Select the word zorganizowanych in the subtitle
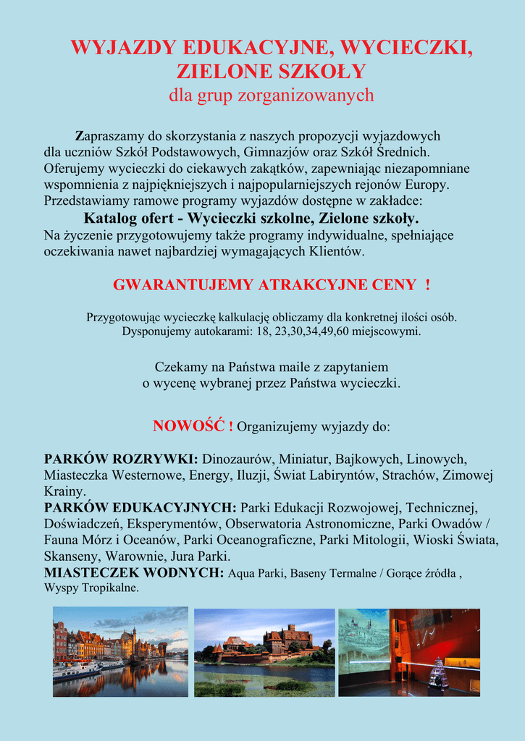(x=316, y=95)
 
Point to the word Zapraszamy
(x=111, y=136)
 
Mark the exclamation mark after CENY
(x=428, y=284)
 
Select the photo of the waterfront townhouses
(x=120, y=651)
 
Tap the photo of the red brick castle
(x=264, y=652)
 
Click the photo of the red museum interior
(x=408, y=652)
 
